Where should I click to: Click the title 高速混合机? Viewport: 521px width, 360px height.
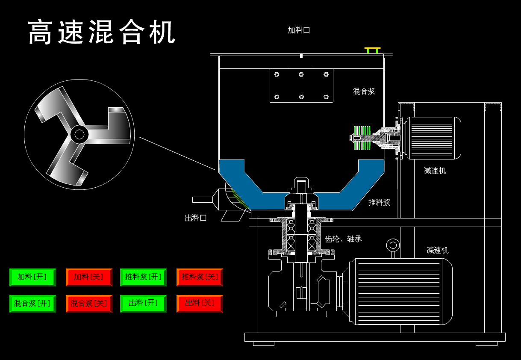click(102, 32)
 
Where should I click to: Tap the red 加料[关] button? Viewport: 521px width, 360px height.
click(89, 277)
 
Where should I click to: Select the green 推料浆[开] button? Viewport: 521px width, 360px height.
click(143, 277)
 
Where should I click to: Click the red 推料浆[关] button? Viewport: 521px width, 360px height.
click(200, 277)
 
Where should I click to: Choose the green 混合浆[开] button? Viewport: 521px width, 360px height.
click(32, 304)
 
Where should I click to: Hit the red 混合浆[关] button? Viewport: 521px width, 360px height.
click(89, 304)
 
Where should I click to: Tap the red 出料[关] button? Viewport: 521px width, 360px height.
click(200, 304)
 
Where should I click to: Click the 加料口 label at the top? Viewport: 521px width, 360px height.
click(299, 30)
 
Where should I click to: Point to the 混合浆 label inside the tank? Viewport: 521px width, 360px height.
click(364, 91)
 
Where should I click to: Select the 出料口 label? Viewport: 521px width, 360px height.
click(196, 218)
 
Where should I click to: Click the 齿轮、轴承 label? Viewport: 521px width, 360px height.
click(343, 239)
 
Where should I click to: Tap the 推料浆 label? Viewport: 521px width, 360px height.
click(379, 202)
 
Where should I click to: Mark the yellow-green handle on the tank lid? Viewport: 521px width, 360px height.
click(372, 50)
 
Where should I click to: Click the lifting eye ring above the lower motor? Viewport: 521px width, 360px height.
click(393, 245)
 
